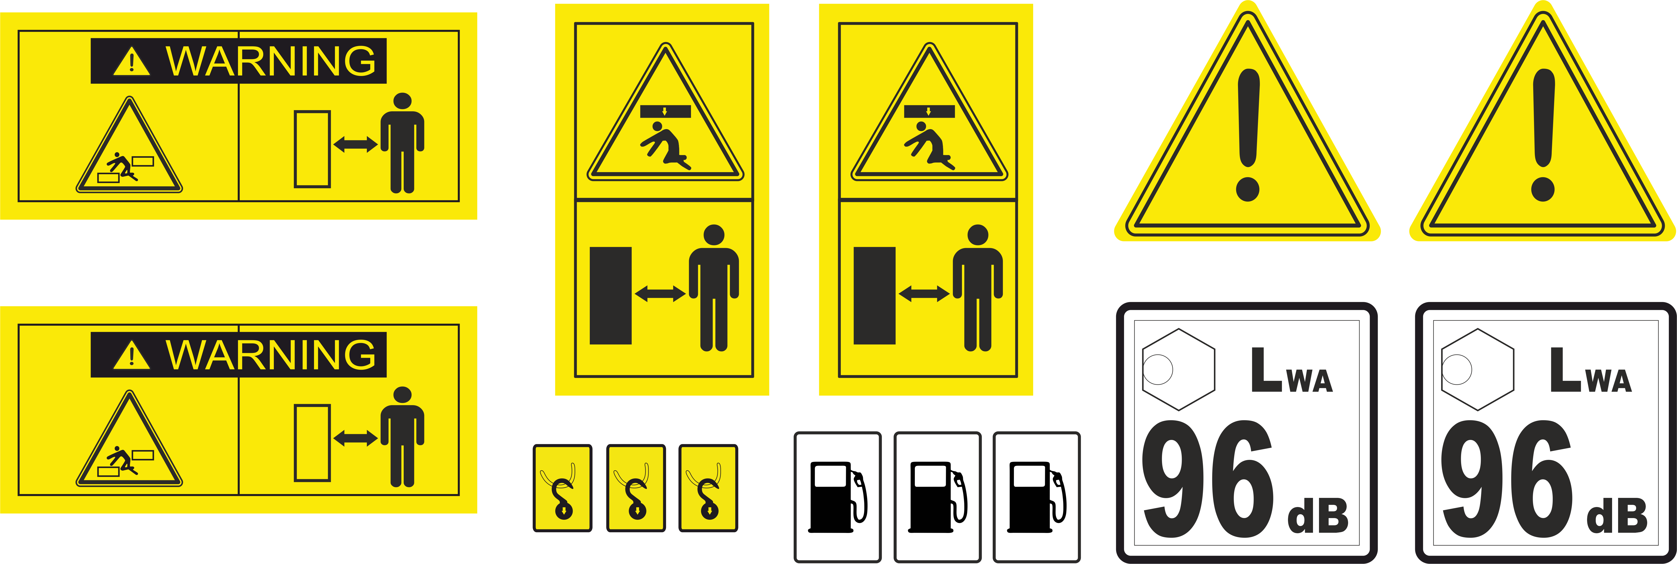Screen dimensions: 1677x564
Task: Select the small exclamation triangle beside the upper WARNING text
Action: [132, 62]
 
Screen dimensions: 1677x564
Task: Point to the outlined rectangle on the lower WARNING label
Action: [313, 443]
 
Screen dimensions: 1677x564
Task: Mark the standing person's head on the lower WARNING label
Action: [402, 395]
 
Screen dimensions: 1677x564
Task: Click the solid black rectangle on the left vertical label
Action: [611, 296]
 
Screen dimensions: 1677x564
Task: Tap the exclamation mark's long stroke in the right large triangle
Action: [1544, 117]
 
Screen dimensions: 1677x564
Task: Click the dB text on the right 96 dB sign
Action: [1618, 516]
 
